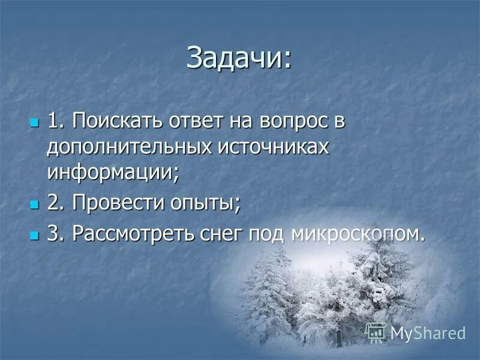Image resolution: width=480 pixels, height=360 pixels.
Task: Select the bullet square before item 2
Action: pyautogui.click(x=34, y=205)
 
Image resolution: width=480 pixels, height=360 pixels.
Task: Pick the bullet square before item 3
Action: pyautogui.click(x=34, y=235)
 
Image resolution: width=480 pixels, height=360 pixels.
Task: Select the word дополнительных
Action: pyautogui.click(x=127, y=148)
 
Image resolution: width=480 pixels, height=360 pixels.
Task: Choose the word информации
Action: pyautogui.click(x=113, y=174)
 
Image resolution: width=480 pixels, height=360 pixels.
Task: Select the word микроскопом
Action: pyautogui.click(x=358, y=233)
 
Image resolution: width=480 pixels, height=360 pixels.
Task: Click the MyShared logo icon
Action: pyautogui.click(x=376, y=332)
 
